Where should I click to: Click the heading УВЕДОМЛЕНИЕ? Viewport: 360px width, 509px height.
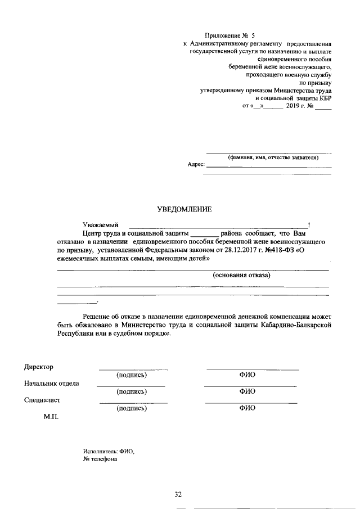(184, 210)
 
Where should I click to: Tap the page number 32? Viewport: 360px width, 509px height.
(178, 494)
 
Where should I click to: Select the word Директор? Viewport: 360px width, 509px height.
(39, 367)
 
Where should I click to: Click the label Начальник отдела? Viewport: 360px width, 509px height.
(52, 384)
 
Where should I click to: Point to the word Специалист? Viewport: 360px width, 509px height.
(42, 400)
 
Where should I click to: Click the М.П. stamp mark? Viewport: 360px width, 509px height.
(51, 418)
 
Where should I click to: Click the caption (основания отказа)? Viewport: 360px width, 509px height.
(241, 276)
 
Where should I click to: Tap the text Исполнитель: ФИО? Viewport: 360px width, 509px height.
(109, 451)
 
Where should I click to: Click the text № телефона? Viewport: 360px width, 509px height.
(100, 459)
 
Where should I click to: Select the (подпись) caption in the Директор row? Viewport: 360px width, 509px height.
(131, 375)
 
